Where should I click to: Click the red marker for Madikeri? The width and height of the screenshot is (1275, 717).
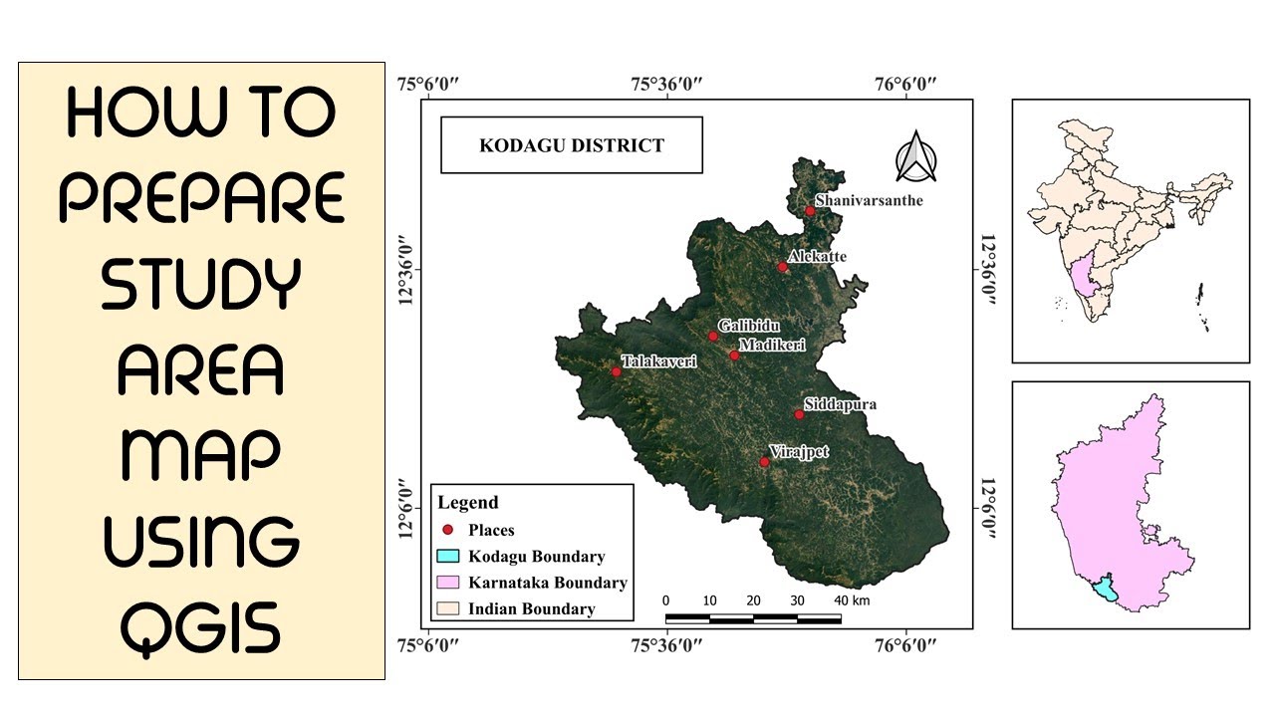click(x=734, y=356)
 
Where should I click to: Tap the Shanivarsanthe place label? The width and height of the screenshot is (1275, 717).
click(x=870, y=201)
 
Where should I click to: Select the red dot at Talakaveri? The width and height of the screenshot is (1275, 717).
click(x=616, y=371)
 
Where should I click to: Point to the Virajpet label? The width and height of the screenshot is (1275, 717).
click(x=800, y=452)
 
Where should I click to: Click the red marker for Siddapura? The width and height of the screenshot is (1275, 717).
click(x=799, y=414)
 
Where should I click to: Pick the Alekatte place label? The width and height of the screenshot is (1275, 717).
click(x=817, y=257)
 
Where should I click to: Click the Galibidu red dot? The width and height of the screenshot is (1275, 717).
click(x=713, y=337)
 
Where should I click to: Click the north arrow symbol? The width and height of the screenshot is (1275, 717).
click(x=915, y=157)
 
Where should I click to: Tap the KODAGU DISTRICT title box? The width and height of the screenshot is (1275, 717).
click(x=571, y=145)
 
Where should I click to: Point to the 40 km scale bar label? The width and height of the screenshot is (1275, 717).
click(x=852, y=600)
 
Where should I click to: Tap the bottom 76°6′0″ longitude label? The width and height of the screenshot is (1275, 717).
click(x=906, y=645)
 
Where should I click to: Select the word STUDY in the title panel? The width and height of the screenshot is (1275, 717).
click(x=201, y=284)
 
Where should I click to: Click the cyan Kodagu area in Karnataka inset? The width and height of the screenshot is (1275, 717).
click(x=1105, y=592)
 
